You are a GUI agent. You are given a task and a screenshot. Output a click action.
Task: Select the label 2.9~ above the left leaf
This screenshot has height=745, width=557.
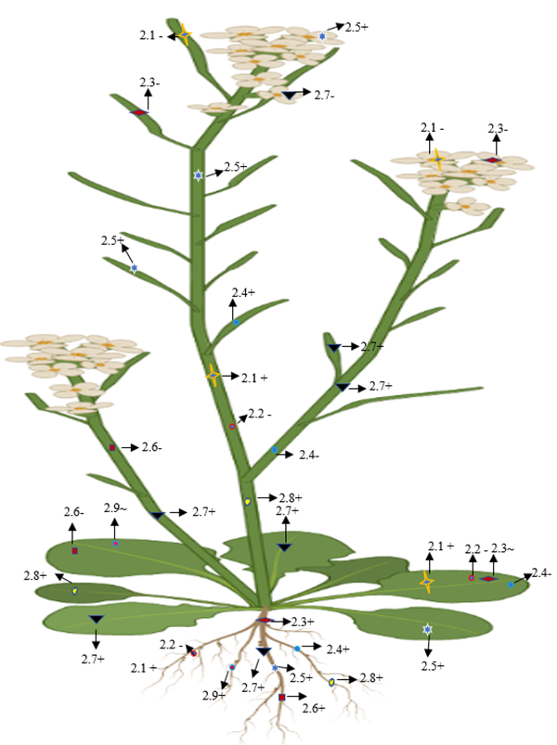point(114,509)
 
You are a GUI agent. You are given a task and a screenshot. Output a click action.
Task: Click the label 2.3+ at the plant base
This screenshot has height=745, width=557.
point(303,621)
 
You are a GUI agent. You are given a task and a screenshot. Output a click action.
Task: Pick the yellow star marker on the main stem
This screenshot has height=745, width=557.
point(213,375)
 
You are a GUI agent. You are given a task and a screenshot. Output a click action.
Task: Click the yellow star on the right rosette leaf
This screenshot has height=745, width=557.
point(427,582)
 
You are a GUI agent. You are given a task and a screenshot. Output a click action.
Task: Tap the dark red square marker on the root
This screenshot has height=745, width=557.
point(281,697)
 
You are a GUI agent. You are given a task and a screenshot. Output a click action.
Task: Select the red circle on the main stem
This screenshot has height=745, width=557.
point(233,426)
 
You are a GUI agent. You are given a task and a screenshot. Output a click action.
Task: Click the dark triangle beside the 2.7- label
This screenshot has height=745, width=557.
point(291,95)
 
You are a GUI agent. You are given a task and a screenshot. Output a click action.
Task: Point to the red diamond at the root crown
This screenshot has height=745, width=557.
point(265,620)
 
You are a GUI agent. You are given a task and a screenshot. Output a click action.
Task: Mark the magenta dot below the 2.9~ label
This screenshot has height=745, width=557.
point(116,544)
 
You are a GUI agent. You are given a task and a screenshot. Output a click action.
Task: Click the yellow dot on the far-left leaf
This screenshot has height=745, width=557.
point(74,591)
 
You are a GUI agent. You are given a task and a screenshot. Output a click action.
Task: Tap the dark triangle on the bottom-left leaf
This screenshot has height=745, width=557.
point(96,620)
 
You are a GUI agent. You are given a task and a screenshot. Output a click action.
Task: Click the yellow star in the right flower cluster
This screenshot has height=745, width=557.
point(437,160)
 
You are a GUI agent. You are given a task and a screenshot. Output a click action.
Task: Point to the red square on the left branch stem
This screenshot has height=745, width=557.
point(112,448)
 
